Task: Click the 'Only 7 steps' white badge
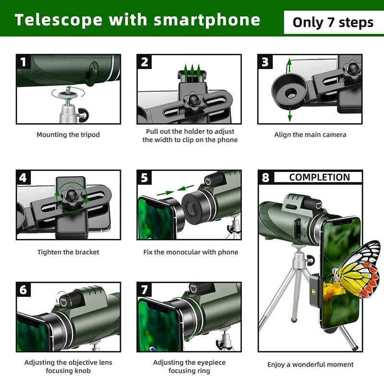click(x=333, y=22)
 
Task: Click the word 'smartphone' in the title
click(x=207, y=20)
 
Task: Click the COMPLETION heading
click(x=319, y=177)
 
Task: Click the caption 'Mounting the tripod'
click(x=68, y=135)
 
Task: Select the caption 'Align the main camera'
click(x=310, y=135)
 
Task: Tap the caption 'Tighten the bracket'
click(x=68, y=252)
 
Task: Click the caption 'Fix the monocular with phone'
click(x=191, y=252)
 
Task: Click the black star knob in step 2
click(x=193, y=101)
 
